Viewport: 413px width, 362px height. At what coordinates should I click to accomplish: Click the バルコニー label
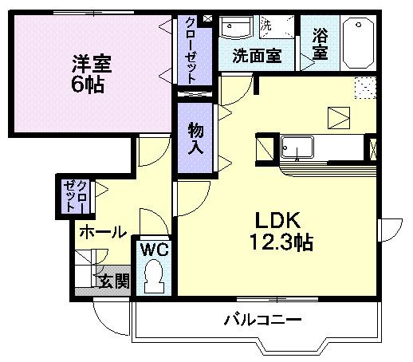coord(262,321)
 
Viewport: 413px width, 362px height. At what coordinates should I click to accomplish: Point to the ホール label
coord(102,232)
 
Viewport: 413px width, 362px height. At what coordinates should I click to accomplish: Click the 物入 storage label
coord(195,139)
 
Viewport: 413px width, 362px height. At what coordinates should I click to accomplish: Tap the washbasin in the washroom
coord(237,29)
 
